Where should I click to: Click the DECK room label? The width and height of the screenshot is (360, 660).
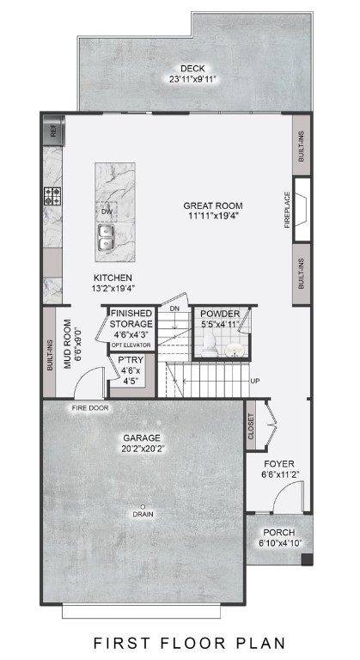click(192, 69)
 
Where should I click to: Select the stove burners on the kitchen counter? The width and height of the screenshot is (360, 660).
click(53, 196)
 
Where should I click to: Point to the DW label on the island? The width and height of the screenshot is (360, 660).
click(107, 211)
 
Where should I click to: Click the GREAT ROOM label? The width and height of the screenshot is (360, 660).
click(212, 206)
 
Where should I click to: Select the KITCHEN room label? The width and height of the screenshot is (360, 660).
click(113, 278)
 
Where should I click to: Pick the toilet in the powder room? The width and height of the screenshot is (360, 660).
click(209, 344)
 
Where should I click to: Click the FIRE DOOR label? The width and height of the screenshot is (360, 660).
click(90, 407)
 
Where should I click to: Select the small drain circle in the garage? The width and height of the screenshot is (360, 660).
click(143, 505)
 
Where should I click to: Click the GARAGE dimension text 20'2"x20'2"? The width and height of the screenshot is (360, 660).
click(143, 448)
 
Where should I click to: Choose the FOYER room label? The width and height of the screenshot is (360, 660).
click(279, 461)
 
